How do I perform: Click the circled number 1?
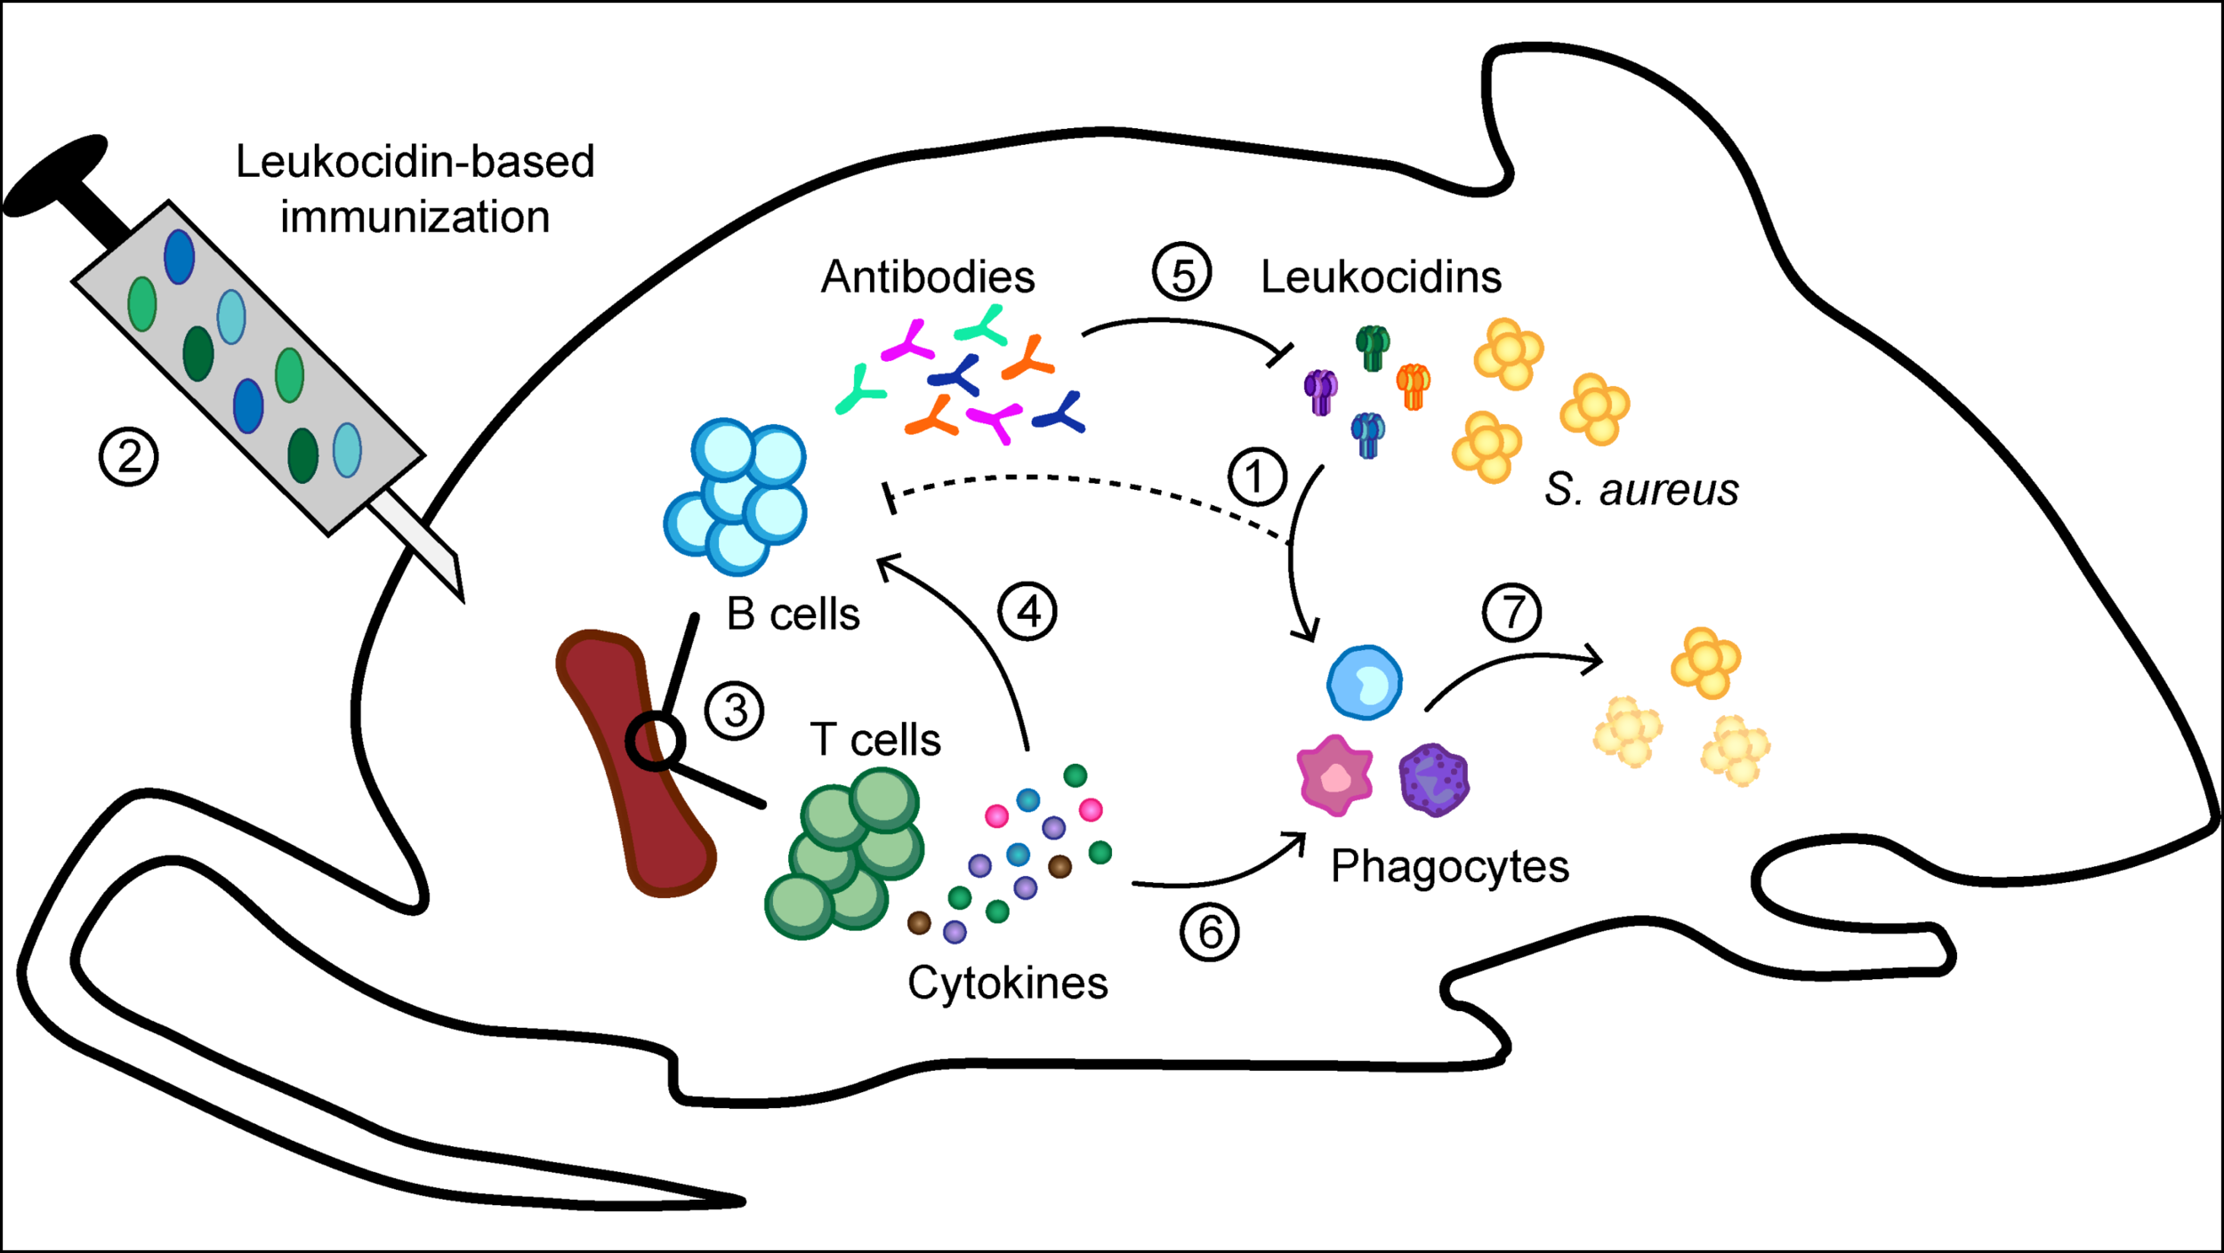1257,477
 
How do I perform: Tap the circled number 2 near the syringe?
129,457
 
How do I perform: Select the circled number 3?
734,711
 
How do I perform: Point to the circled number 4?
1027,612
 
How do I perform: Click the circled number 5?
1182,273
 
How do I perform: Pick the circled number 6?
1209,932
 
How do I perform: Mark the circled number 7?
1512,612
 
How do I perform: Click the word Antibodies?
928,277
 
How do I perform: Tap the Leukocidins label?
1381,277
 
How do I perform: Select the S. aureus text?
1641,489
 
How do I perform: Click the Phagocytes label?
1449,866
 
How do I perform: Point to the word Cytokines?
1007,984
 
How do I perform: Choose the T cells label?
875,740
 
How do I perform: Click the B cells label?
794,614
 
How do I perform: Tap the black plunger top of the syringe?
55,175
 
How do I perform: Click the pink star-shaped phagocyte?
1334,776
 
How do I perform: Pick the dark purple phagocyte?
1433,780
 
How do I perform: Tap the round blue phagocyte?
1365,682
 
